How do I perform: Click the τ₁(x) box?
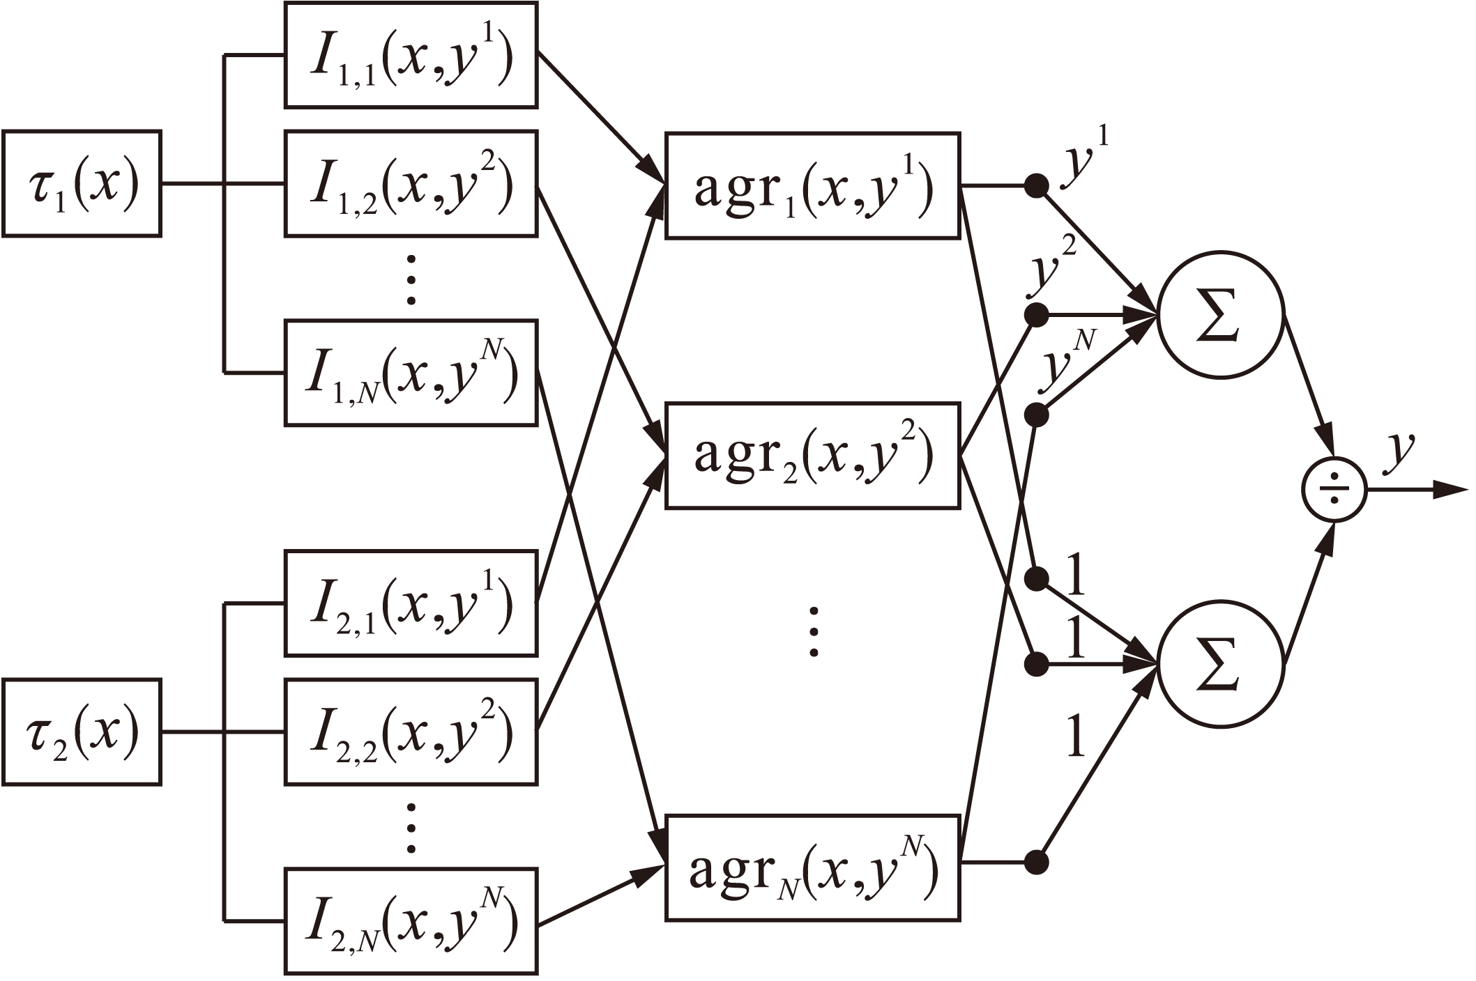[x=82, y=184]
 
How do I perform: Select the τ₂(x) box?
[x=82, y=732]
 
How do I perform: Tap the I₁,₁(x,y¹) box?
[x=411, y=55]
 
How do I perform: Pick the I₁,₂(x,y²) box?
[x=411, y=184]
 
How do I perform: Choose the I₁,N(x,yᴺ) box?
[x=411, y=373]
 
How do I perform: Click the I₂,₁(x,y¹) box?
[x=411, y=603]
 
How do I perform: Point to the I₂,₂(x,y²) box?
[x=411, y=732]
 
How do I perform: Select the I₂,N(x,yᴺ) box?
[x=411, y=920]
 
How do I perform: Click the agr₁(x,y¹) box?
[x=812, y=186]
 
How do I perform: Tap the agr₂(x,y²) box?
[x=812, y=455]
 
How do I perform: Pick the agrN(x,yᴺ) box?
[x=812, y=868]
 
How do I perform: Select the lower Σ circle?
[x=1219, y=663]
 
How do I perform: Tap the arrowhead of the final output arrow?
[x=1454, y=491]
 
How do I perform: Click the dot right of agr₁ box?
[x=1037, y=186]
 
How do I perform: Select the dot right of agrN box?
[x=1037, y=863]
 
